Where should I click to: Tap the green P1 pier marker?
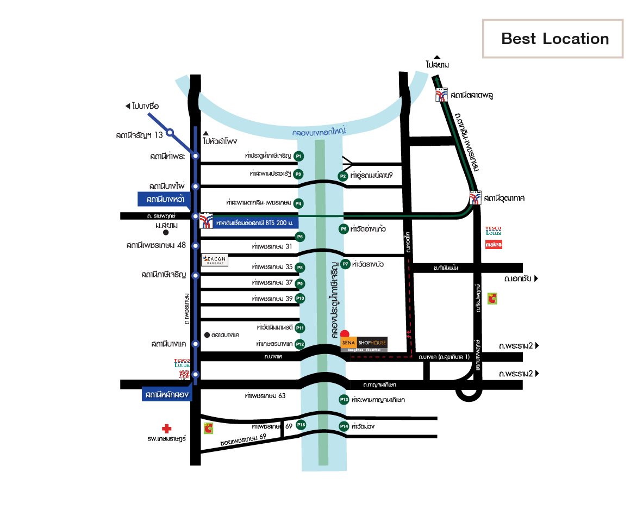298,156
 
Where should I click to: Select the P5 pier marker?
343,229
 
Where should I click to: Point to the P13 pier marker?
344,400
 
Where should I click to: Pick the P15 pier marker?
301,425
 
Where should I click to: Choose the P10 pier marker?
300,299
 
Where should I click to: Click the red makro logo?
494,245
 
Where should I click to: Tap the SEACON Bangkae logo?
215,260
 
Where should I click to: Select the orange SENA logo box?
348,343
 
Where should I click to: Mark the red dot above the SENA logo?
345,333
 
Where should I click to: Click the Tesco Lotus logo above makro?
494,231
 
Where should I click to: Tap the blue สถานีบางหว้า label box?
163,200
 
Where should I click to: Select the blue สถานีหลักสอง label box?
167,394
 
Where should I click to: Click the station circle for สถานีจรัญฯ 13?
170,132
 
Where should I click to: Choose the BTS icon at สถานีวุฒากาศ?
476,198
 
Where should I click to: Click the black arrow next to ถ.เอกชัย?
536,279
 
